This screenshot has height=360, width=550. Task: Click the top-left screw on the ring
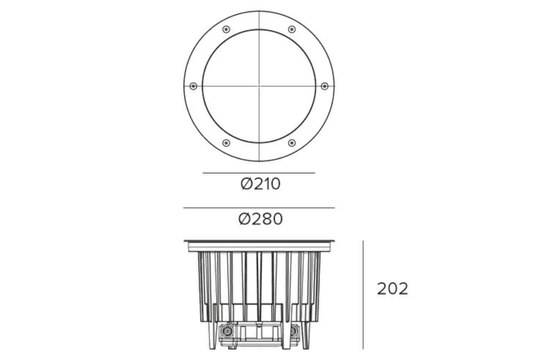226,29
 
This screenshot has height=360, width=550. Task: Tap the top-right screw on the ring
291,29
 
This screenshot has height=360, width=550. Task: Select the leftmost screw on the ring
193,86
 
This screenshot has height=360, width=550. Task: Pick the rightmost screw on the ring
324,86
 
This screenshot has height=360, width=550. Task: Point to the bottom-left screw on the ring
226,143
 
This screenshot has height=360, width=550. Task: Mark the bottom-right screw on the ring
291,143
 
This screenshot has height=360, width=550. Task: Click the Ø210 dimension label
260,184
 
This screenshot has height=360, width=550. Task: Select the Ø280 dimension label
260,219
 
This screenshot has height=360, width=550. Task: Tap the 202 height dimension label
392,289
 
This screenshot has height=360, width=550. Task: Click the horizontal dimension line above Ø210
259,173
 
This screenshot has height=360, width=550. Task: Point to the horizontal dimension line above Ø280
259,208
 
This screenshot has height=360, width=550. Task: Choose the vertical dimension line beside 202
363,295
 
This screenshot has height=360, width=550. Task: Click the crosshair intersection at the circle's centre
259,86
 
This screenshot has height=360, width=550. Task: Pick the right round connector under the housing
293,332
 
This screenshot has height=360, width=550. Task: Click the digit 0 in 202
393,289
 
